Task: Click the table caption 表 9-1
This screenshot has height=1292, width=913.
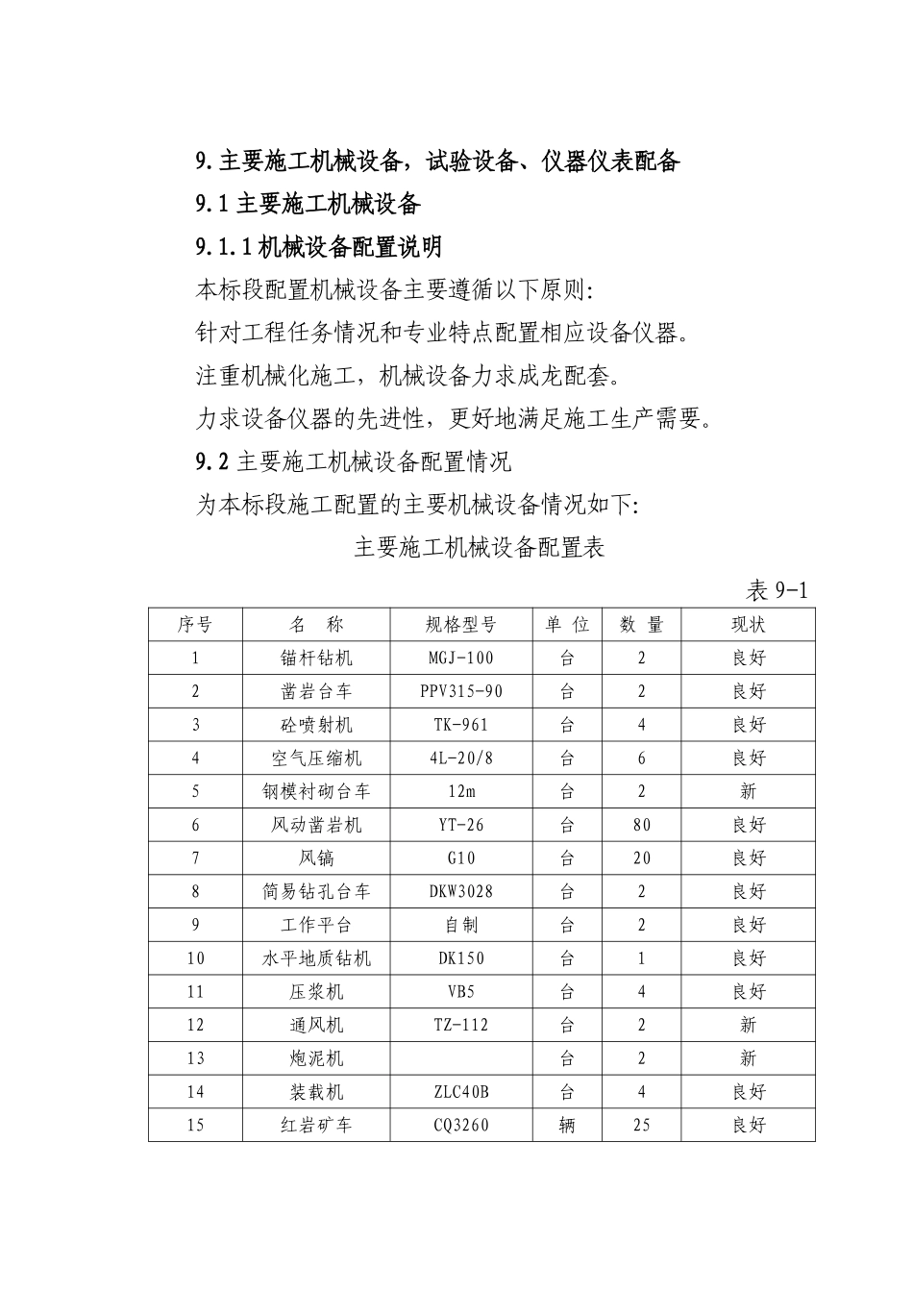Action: [x=777, y=590]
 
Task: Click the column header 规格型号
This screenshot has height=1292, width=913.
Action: [x=461, y=625]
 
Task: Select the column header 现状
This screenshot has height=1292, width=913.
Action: [x=749, y=625]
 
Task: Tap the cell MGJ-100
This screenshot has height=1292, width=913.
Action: [x=461, y=658]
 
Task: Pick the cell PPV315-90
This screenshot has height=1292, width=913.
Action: [x=461, y=692]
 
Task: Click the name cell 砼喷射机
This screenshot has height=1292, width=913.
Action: [x=316, y=725]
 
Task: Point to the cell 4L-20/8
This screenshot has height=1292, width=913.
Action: [x=461, y=758]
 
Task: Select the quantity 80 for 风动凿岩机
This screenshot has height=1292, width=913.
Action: [x=642, y=825]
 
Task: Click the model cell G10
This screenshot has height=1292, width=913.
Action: [x=461, y=858]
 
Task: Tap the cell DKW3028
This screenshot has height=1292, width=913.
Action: [x=461, y=892]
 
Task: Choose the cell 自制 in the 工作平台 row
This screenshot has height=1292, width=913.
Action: [x=461, y=925]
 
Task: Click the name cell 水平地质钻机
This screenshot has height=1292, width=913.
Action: [x=316, y=958]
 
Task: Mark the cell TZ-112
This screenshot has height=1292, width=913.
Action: [x=461, y=1025]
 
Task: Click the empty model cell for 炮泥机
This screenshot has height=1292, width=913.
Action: [x=461, y=1058]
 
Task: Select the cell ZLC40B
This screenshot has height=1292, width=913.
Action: [x=461, y=1092]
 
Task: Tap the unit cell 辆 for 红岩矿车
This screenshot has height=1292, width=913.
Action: [x=567, y=1125]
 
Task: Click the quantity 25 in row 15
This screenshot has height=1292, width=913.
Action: [x=642, y=1125]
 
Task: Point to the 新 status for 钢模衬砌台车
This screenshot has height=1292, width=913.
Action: [x=749, y=792]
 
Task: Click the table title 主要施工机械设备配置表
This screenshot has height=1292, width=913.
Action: [x=479, y=548]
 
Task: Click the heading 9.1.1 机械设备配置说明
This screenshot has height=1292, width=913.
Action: [x=319, y=247]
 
